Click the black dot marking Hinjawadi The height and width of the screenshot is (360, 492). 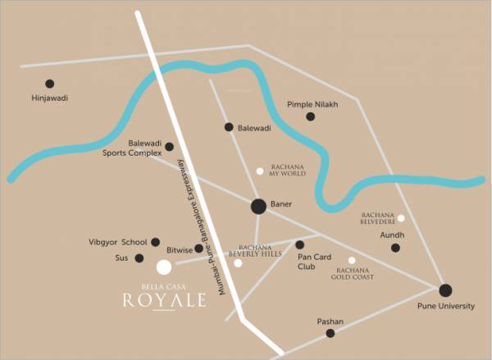click(50, 84)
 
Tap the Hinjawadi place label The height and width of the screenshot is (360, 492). click(49, 98)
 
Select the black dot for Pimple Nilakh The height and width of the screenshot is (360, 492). click(310, 116)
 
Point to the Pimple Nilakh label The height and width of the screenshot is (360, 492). click(312, 105)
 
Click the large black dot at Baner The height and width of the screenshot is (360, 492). click(258, 207)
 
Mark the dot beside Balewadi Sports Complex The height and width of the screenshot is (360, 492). click(169, 147)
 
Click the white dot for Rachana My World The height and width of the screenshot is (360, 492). click(260, 171)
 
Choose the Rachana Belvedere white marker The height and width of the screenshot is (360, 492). click(401, 218)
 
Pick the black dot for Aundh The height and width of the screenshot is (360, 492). click(395, 248)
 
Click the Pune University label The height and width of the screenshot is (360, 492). click(446, 306)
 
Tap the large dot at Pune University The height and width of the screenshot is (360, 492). click(445, 289)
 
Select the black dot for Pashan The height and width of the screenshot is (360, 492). click(330, 333)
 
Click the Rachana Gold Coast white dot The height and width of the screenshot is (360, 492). click(352, 260)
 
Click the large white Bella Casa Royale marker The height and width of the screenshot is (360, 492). click(164, 267)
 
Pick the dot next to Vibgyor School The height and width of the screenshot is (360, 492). click(156, 242)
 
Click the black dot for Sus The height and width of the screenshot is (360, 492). click(139, 258)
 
